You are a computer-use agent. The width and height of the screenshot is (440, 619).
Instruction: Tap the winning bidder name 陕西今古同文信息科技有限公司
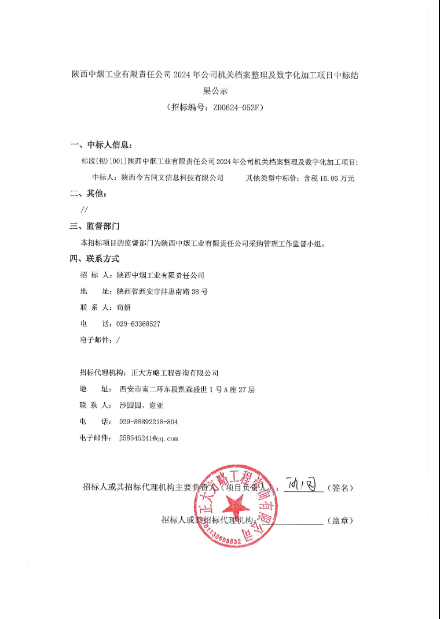[x=172, y=178]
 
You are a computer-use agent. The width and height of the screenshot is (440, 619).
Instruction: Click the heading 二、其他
[x=89, y=194]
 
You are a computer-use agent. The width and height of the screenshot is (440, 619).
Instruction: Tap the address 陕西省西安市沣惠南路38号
[x=162, y=291]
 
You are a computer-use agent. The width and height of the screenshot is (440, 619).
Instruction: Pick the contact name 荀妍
[x=124, y=307]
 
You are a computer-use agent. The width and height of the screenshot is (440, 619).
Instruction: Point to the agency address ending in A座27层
[x=186, y=390]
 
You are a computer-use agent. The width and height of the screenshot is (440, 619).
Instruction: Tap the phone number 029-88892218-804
[x=148, y=422]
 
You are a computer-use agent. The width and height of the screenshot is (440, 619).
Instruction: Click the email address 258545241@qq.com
[x=148, y=438]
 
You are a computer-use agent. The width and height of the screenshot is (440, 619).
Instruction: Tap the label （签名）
[x=340, y=488]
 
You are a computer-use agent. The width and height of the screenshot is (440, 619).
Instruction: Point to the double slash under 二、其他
[x=85, y=210]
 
